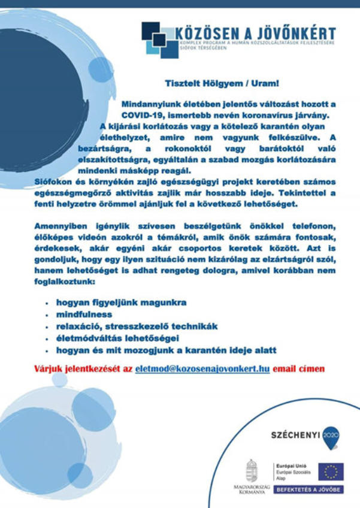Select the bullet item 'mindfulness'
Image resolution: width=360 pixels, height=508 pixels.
tap(84, 314)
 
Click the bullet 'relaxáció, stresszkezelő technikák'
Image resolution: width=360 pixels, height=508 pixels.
tap(137, 326)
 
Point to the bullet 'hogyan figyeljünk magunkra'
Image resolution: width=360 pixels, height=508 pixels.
tap(121, 303)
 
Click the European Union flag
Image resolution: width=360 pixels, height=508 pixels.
tap(331, 471)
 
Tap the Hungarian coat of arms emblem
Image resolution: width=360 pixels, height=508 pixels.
tap(252, 469)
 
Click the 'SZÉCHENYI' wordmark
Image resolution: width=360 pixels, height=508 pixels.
tap(294, 434)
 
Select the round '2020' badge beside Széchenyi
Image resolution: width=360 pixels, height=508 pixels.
tap(330, 434)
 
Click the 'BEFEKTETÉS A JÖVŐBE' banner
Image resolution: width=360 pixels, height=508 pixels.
tap(308, 489)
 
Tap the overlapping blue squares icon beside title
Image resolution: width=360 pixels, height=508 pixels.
tap(160, 40)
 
